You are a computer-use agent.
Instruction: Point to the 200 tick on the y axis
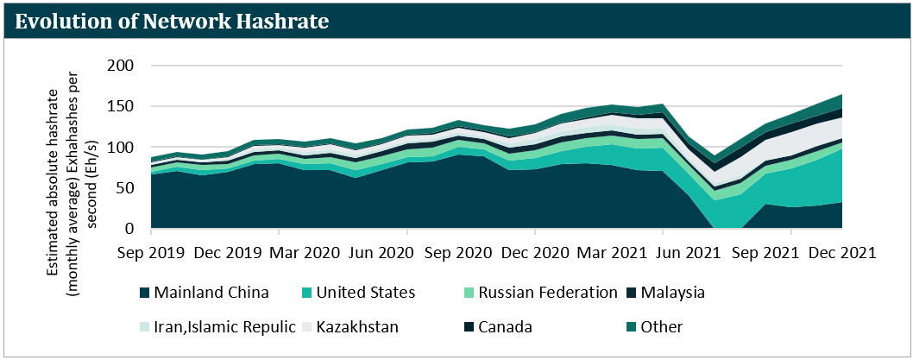(x=120, y=66)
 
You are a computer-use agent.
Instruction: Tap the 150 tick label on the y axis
(x=120, y=107)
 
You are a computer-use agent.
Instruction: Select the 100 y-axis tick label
(x=120, y=148)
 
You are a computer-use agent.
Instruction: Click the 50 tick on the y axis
(x=124, y=188)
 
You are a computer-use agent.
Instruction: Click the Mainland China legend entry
(x=211, y=293)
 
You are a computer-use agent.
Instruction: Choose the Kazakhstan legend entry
(x=358, y=327)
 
